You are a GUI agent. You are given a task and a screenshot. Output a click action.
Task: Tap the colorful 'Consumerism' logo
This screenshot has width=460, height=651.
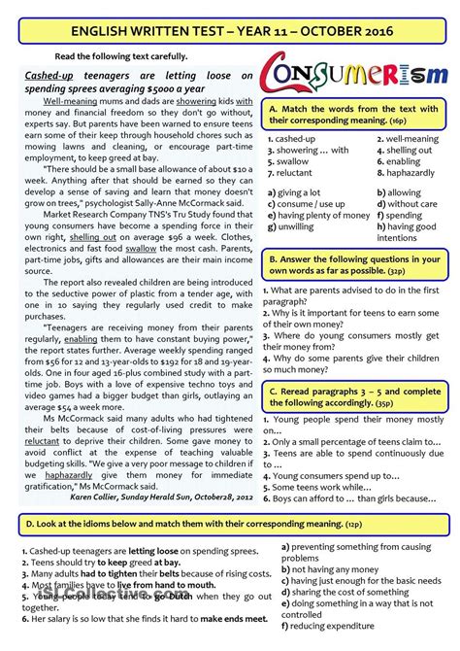point(354,75)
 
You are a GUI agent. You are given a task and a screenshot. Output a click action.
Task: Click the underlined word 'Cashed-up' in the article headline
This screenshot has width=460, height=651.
point(49,74)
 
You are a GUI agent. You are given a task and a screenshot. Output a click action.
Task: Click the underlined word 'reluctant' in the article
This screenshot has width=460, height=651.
point(42,440)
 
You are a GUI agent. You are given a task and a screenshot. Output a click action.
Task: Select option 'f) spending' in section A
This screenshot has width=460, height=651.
point(404,216)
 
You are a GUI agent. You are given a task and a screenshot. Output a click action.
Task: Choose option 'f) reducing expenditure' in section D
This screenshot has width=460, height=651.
point(341,627)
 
